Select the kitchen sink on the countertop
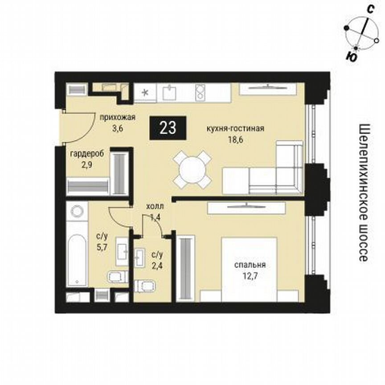[x=170, y=93]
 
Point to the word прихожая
[x=117, y=118]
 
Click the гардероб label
[x=87, y=153]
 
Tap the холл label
[x=155, y=207]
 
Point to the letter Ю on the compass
[x=351, y=56]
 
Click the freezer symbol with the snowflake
[x=145, y=93]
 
